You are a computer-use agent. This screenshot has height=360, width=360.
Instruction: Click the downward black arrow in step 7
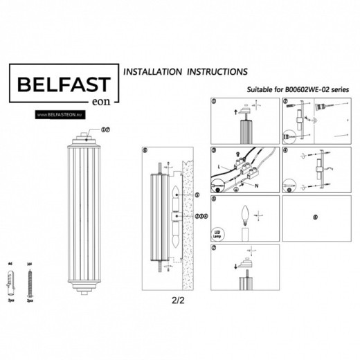238,266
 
